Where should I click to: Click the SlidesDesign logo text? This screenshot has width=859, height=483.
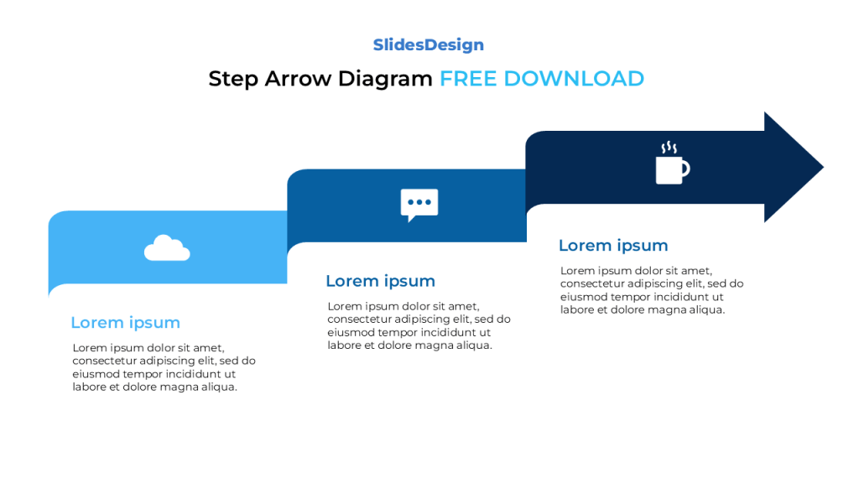(x=429, y=45)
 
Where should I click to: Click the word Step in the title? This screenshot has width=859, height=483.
(x=233, y=80)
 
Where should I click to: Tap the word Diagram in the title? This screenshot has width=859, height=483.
(x=385, y=80)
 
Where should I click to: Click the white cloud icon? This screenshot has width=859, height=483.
(x=167, y=249)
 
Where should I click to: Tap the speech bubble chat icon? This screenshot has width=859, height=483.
(x=419, y=204)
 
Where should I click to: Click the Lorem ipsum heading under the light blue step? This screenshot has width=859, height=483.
(x=125, y=323)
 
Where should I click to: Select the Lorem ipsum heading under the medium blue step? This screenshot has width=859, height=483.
(x=380, y=281)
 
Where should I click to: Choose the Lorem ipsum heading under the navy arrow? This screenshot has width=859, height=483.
(x=613, y=246)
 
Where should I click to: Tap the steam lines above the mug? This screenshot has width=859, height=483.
(x=669, y=148)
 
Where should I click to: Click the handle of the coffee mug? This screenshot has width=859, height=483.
(x=685, y=169)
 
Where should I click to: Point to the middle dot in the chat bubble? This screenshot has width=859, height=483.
(x=419, y=202)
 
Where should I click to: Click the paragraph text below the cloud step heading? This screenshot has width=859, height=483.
(x=164, y=367)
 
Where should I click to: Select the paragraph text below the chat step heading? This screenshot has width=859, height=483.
(x=419, y=325)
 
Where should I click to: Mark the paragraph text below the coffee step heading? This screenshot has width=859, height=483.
(x=652, y=290)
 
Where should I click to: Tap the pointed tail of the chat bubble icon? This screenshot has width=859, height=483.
(x=409, y=218)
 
